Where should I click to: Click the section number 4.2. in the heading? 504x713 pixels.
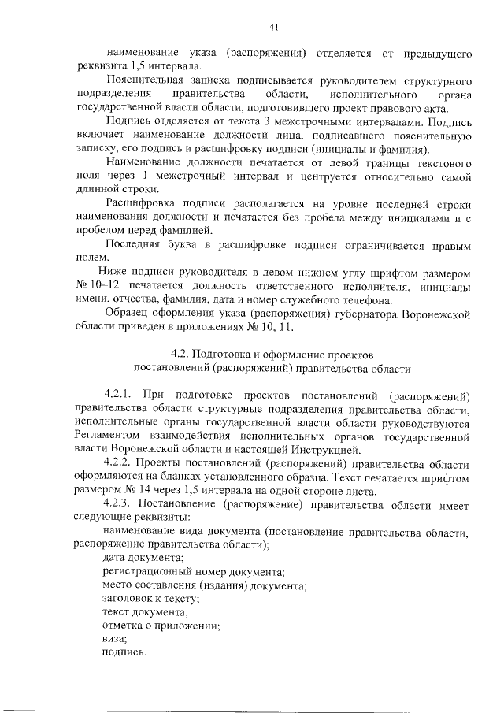point(182,355)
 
